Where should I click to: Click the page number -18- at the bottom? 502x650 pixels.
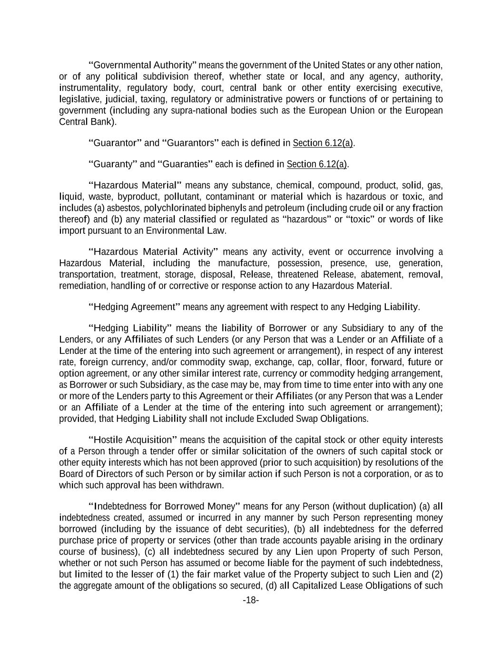(251, 600)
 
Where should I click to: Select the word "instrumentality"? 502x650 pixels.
(89, 88)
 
